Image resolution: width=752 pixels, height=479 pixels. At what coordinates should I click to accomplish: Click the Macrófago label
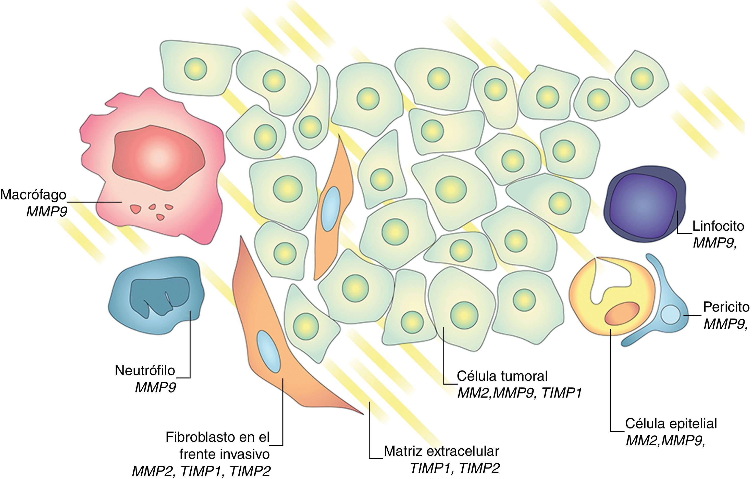33,195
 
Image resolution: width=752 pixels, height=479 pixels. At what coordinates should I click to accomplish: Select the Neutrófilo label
145,370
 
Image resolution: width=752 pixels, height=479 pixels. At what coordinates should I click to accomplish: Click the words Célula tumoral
502,376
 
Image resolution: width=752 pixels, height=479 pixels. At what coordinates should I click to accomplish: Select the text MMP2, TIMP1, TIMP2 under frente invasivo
201,471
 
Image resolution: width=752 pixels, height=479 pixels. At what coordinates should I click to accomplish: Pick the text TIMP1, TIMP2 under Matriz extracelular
455,468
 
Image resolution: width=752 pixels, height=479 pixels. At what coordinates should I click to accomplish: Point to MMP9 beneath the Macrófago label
47,212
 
